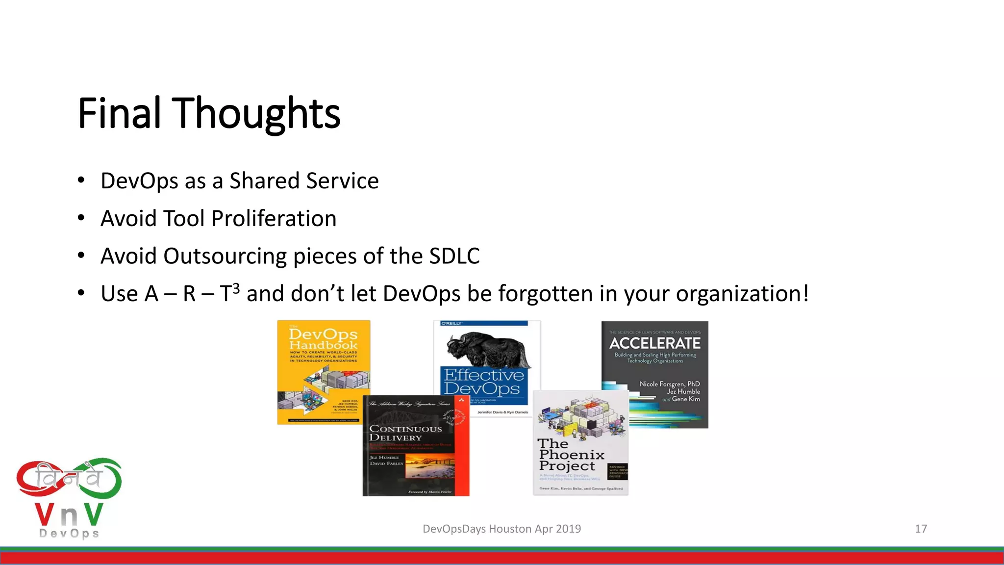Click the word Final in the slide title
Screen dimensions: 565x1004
click(119, 113)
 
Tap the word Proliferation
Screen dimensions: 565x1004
click(274, 219)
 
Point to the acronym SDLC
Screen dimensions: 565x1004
click(454, 256)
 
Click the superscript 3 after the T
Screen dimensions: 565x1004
click(236, 288)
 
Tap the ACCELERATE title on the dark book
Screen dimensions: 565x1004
click(654, 343)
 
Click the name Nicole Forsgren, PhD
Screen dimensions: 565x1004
click(669, 384)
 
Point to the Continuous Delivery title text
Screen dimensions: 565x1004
click(405, 433)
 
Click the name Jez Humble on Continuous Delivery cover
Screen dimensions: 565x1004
click(384, 457)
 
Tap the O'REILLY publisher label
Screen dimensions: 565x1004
click(452, 324)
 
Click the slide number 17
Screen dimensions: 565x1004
click(921, 529)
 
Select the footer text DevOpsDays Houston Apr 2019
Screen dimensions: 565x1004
click(502, 529)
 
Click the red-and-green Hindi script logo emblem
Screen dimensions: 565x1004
click(69, 479)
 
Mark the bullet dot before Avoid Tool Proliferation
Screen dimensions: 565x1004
click(81, 218)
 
